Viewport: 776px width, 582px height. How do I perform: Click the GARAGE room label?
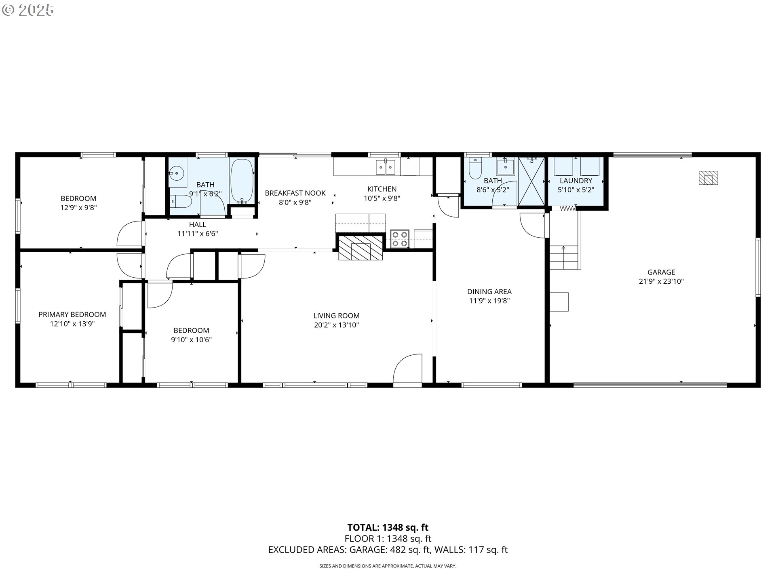tap(661, 272)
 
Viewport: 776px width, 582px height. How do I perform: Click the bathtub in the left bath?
tap(242, 180)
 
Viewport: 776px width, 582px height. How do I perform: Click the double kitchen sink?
tap(386, 167)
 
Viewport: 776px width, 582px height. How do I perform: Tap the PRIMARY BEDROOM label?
tap(72, 314)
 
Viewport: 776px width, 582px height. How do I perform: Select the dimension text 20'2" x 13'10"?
tap(336, 325)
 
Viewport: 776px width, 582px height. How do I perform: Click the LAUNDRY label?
tap(576, 181)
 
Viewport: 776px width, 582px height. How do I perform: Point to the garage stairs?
tap(565, 257)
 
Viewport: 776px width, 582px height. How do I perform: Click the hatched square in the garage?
tap(709, 178)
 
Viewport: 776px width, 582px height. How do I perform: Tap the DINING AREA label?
tap(489, 291)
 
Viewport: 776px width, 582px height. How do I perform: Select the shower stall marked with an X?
tap(532, 181)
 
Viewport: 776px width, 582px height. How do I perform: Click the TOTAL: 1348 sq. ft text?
tap(388, 527)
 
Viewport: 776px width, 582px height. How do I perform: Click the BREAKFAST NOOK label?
tap(295, 193)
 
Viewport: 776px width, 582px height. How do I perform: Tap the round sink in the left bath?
tap(176, 173)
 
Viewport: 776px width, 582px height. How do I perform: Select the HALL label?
tap(198, 224)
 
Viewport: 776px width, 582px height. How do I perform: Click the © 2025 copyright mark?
tap(27, 10)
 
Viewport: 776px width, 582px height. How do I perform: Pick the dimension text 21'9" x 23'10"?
tap(661, 281)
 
